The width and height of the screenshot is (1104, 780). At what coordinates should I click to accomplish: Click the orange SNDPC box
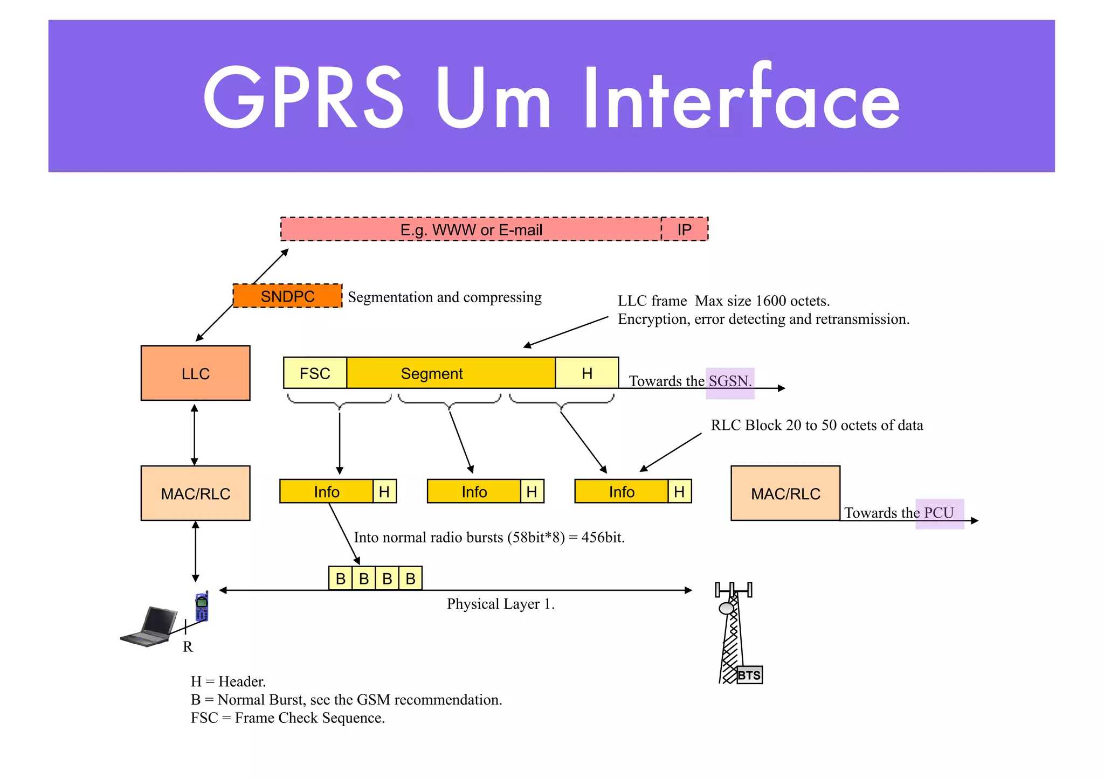pos(287,296)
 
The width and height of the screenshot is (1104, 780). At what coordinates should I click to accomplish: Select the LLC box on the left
pos(195,373)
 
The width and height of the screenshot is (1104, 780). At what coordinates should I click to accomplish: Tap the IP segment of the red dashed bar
pos(684,229)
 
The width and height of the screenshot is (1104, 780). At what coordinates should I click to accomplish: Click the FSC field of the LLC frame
pos(315,373)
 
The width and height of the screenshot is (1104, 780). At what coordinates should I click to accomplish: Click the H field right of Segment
pos(586,373)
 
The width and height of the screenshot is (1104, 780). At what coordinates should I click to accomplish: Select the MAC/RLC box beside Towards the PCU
pos(785,493)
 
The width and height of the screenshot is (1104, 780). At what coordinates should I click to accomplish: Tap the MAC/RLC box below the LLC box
pos(195,493)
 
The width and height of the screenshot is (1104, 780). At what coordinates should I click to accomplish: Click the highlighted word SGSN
pos(729,381)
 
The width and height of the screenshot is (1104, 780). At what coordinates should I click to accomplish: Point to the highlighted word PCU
pos(939,513)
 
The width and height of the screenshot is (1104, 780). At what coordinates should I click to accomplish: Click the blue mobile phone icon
pos(202,607)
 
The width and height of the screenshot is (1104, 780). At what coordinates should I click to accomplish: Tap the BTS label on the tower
pos(749,675)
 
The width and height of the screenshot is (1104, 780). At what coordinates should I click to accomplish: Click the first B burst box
pos(341,579)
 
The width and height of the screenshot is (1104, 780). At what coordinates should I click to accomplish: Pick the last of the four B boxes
pos(410,579)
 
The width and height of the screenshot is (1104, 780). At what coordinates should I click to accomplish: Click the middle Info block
pos(474,491)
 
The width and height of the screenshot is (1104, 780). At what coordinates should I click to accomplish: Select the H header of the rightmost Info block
pos(679,491)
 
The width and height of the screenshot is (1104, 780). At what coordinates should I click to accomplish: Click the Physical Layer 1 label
pos(500,604)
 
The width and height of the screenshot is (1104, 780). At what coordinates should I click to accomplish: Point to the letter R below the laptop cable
pos(188,646)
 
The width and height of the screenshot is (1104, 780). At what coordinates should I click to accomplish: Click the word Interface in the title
pos(741,100)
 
